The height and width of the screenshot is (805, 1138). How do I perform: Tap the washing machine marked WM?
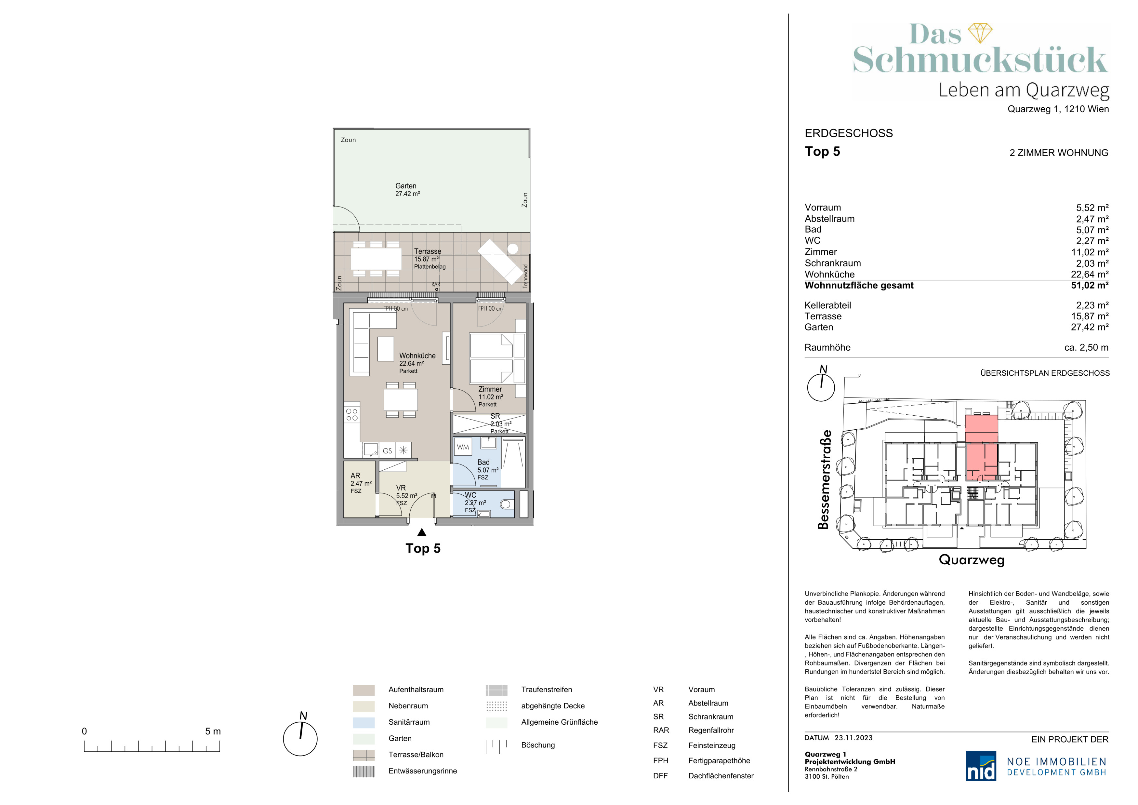pyautogui.click(x=463, y=447)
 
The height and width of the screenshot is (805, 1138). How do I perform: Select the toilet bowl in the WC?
pyautogui.click(x=506, y=504)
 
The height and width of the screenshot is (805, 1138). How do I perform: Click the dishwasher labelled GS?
pyautogui.click(x=388, y=450)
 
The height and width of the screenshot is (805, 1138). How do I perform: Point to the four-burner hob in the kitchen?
pyautogui.click(x=352, y=414)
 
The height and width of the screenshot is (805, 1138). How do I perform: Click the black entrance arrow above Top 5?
pyautogui.click(x=422, y=532)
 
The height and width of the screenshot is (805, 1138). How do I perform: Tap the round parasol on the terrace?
pyautogui.click(x=512, y=248)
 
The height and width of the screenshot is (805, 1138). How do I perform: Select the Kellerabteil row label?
pyautogui.click(x=828, y=305)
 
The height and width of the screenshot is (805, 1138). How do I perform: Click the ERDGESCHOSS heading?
pyautogui.click(x=849, y=133)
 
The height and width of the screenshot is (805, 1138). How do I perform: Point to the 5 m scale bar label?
pyautogui.click(x=213, y=731)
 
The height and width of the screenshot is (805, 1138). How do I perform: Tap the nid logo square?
pyautogui.click(x=981, y=766)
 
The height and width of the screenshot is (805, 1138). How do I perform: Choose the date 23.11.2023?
pyautogui.click(x=853, y=738)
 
